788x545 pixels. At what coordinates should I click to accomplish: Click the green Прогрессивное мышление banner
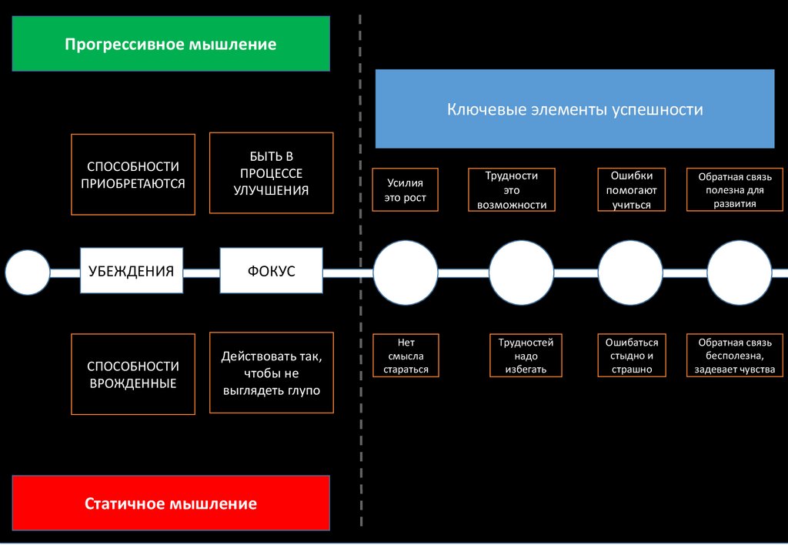[x=171, y=44]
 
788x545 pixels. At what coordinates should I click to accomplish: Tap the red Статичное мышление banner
[x=171, y=503]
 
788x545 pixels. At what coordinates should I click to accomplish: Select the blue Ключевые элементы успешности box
[x=575, y=109]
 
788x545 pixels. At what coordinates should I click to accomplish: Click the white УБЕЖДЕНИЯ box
[x=132, y=271]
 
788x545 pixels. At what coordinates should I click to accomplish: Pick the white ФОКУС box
[x=272, y=271]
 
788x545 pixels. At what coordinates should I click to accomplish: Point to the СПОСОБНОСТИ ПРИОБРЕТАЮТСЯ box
[x=133, y=175]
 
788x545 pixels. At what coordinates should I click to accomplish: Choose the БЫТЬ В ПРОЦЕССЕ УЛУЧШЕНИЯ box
[x=272, y=173]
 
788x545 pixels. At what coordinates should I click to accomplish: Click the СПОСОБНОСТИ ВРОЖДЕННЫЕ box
[x=133, y=374]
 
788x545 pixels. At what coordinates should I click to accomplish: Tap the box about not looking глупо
[x=272, y=373]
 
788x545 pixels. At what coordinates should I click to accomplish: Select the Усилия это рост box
[x=405, y=189]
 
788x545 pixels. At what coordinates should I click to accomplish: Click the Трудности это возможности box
[x=512, y=189]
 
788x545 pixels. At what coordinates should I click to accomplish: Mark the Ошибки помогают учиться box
[x=632, y=189]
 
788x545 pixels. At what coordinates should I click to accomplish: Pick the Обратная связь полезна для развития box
[x=735, y=189]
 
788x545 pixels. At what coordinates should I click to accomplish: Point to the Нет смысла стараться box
[x=406, y=356]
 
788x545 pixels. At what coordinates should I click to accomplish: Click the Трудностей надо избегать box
[x=526, y=356]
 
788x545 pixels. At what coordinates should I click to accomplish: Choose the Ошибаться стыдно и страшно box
[x=632, y=356]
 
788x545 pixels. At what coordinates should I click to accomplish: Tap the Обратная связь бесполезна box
[x=735, y=356]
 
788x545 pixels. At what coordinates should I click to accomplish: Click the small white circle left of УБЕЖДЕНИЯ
[x=28, y=272]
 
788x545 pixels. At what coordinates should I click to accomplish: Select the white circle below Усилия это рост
[x=406, y=273]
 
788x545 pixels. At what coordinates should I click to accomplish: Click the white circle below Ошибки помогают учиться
[x=630, y=273]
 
